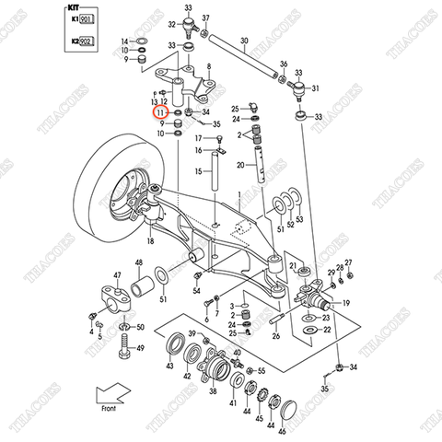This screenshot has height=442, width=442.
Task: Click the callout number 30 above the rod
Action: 244,41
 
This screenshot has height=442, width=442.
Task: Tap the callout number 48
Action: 139,264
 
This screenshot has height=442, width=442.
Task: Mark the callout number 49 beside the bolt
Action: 141,349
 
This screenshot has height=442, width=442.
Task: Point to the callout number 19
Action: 346,302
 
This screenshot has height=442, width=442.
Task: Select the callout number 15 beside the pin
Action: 198,171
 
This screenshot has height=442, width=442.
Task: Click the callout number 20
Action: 239,165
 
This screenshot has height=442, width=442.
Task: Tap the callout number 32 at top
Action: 172,24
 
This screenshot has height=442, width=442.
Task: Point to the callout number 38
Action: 213,390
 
